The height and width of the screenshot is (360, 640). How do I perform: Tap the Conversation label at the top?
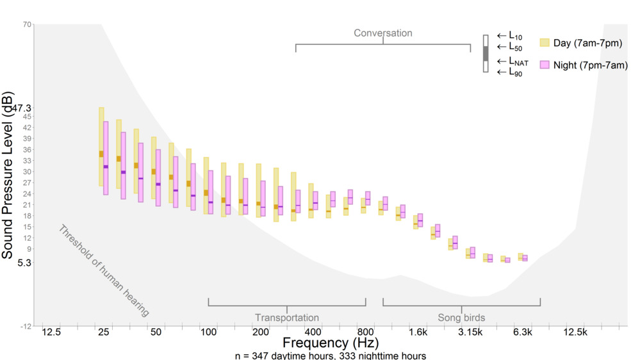click(383, 33)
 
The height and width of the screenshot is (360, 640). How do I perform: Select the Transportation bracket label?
click(286, 317)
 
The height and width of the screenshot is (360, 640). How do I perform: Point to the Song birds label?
click(461, 317)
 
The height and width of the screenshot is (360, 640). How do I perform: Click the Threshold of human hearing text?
click(103, 271)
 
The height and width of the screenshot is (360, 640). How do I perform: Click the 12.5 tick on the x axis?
click(51, 332)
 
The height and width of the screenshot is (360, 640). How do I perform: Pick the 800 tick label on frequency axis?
click(365, 332)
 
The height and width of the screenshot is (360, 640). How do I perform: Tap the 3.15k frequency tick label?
click(471, 332)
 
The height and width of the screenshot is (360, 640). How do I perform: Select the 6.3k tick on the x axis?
click(523, 332)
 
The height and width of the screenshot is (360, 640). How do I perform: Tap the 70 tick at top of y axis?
click(27, 24)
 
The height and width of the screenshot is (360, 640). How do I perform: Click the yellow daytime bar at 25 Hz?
click(101, 147)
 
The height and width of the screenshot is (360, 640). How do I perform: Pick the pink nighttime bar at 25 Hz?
click(106, 158)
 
